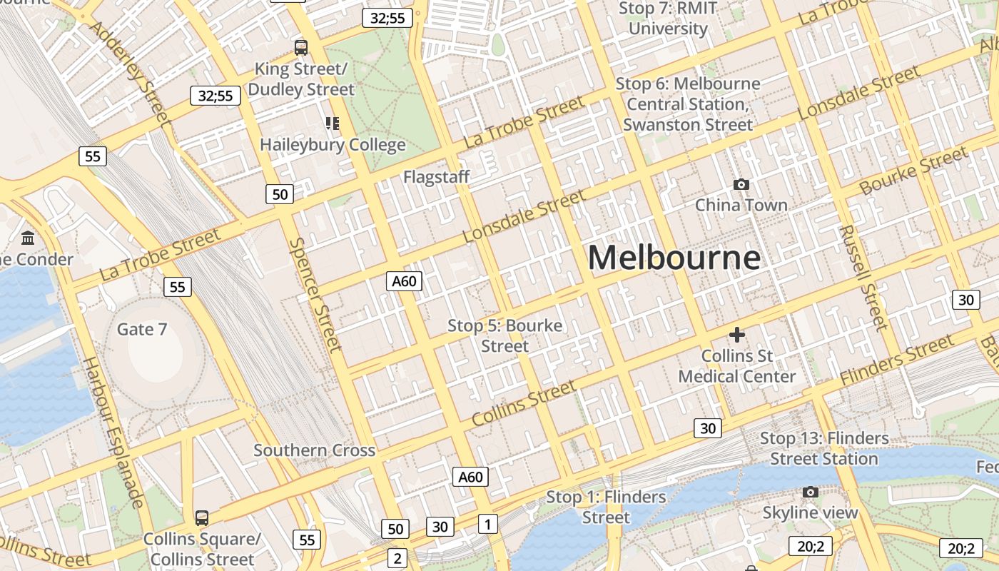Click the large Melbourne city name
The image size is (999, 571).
point(674,258)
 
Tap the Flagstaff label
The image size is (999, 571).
point(436,177)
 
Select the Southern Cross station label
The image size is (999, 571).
point(314,450)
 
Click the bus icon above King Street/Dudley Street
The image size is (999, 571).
point(301,48)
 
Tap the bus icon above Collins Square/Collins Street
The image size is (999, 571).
point(202,517)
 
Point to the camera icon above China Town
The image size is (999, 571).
point(741,185)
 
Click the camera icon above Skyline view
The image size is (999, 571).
point(810,492)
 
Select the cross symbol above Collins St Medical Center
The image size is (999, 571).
point(737,334)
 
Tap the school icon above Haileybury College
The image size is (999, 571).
point(333,123)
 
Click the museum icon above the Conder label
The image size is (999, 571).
point(28,238)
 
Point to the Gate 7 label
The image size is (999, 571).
point(142,329)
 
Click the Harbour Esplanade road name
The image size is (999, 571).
point(113,431)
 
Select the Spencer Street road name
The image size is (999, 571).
point(315,294)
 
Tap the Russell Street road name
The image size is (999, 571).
point(863,278)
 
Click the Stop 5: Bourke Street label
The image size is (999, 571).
point(504,335)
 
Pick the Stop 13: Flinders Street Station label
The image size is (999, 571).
point(824,448)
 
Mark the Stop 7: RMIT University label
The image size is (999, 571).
point(668,19)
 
